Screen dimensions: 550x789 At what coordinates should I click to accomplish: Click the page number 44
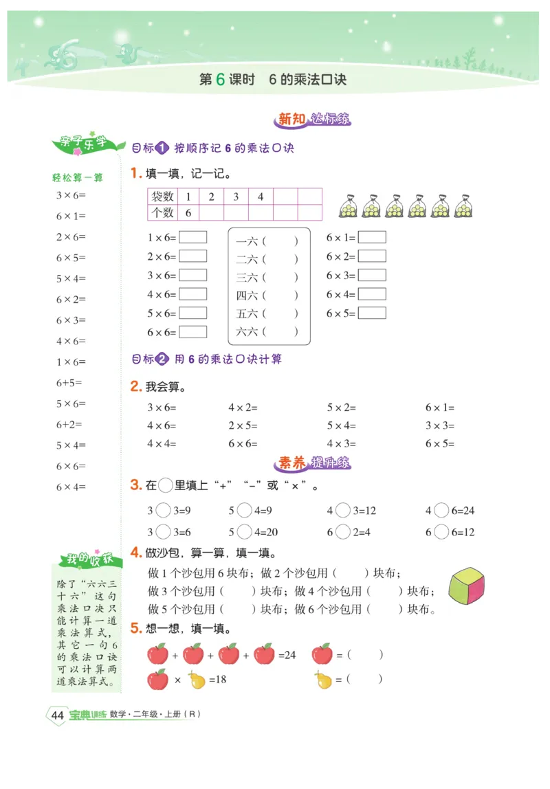[58, 715]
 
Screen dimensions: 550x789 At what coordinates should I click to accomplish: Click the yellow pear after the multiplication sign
[197, 680]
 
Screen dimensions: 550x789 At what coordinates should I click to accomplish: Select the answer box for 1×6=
[192, 237]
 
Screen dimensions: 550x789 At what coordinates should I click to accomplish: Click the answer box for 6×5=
[372, 313]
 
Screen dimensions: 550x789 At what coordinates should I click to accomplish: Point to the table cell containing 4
[261, 197]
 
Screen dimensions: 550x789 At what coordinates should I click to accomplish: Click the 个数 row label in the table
[162, 212]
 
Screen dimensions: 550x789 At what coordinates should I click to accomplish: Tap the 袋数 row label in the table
[162, 197]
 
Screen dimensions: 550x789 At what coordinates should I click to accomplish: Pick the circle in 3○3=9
[164, 511]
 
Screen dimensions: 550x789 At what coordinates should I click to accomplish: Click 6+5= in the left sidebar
[69, 383]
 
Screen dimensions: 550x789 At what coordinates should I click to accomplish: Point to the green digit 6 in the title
[220, 79]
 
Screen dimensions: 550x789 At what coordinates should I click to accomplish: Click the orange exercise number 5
[135, 627]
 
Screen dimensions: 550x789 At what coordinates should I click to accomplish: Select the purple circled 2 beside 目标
[162, 359]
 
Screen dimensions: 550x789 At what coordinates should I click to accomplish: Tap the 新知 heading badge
[290, 119]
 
